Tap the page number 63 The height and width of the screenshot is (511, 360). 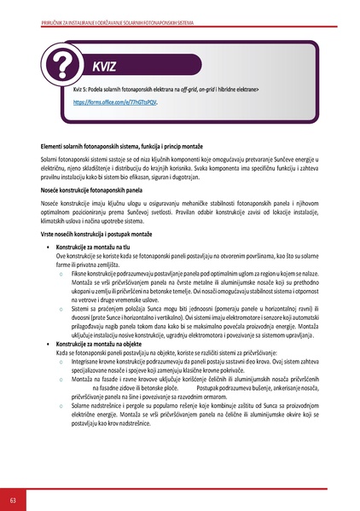pyautogui.click(x=13, y=498)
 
